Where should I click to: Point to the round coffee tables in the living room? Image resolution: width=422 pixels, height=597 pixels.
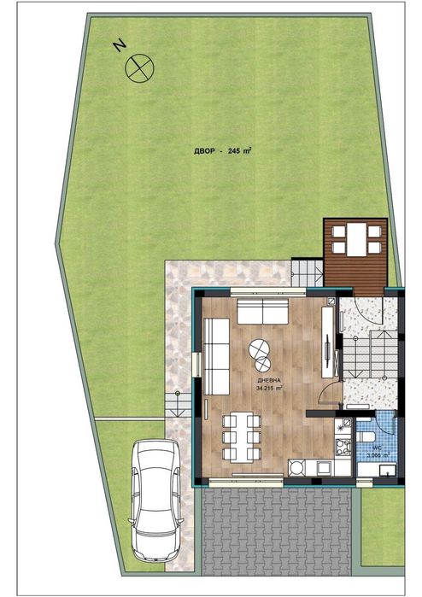(x=259, y=350)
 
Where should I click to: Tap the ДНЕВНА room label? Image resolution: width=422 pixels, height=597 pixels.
(x=268, y=379)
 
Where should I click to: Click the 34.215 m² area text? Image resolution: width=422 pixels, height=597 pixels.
(x=269, y=388)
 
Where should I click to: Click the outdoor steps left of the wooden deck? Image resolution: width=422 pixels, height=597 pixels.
(x=308, y=271)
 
